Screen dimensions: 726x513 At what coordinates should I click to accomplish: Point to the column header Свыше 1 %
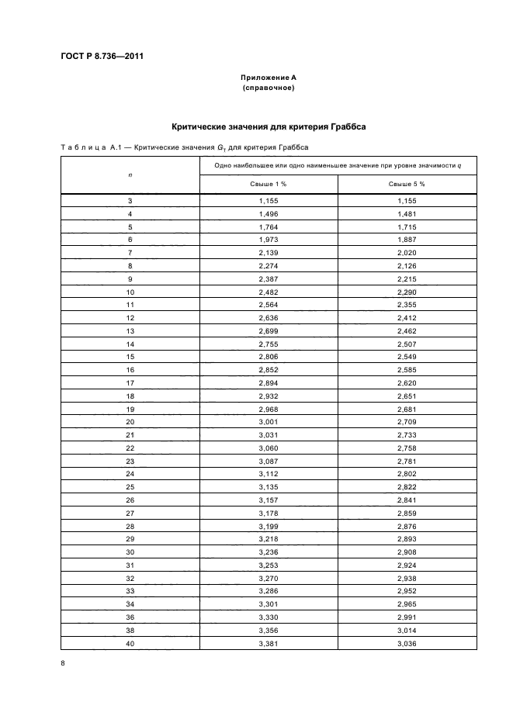[268, 185]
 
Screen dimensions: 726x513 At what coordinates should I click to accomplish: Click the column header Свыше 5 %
[407, 185]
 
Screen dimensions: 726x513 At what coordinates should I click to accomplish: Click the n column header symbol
[130, 175]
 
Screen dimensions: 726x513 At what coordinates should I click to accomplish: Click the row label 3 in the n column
[130, 200]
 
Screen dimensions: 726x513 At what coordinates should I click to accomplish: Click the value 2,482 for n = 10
[268, 292]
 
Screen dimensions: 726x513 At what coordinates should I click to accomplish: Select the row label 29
[130, 538]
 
